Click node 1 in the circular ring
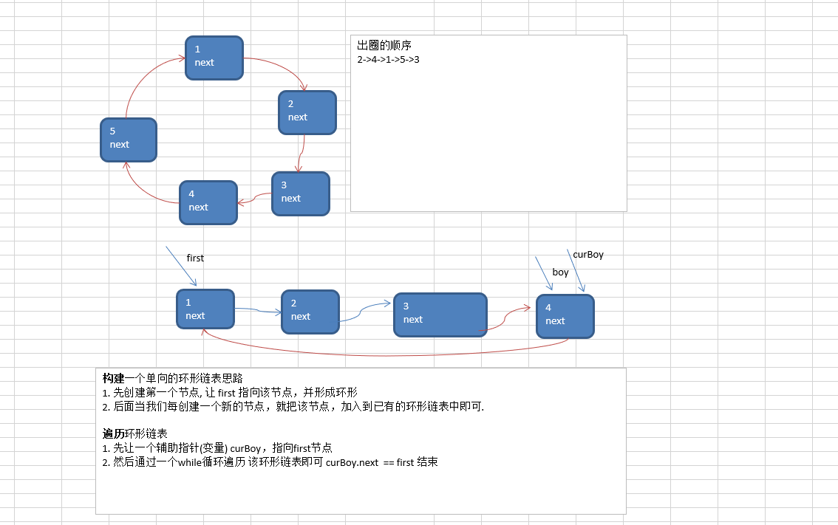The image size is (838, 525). click(x=214, y=56)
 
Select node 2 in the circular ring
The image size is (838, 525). click(x=307, y=111)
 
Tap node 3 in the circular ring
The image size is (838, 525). click(x=300, y=193)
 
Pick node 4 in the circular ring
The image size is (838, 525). click(x=208, y=202)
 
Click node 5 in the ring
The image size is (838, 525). click(x=129, y=139)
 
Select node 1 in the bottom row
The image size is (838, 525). click(x=205, y=309)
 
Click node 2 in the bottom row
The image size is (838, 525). click(x=310, y=311)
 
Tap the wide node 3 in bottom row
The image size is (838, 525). click(x=440, y=315)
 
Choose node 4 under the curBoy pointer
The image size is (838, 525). click(x=565, y=315)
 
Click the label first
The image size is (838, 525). click(x=195, y=258)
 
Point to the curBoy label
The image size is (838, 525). click(x=588, y=255)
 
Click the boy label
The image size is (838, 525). click(x=560, y=272)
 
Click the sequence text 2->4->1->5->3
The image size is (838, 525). click(x=388, y=59)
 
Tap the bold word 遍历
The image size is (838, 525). click(x=114, y=433)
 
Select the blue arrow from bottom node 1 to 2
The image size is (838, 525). click(x=257, y=311)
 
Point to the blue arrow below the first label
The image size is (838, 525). click(x=181, y=266)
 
